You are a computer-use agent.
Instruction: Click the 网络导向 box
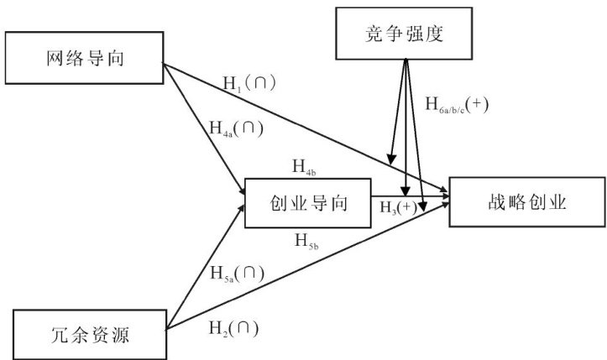(85, 58)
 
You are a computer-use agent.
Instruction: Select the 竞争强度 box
(404, 34)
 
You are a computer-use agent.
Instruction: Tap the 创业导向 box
(308, 203)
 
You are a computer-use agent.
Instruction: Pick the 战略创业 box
(527, 202)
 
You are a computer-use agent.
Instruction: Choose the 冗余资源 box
(90, 335)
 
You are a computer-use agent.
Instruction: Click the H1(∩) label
(249, 84)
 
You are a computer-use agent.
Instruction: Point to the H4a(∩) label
(236, 129)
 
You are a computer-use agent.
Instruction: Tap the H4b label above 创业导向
(304, 168)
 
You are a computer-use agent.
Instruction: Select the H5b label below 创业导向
(306, 242)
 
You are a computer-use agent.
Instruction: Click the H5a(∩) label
(238, 274)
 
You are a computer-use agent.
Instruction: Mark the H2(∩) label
(233, 329)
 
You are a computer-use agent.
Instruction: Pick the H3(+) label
(399, 207)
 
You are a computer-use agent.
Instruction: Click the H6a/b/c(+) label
(457, 105)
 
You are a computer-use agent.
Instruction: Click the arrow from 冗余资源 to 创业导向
(205, 267)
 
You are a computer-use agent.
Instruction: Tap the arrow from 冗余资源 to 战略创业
(308, 266)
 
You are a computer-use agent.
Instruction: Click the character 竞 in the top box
(374, 34)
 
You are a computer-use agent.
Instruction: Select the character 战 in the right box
(497, 202)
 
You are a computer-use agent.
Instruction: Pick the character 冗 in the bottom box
(60, 335)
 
